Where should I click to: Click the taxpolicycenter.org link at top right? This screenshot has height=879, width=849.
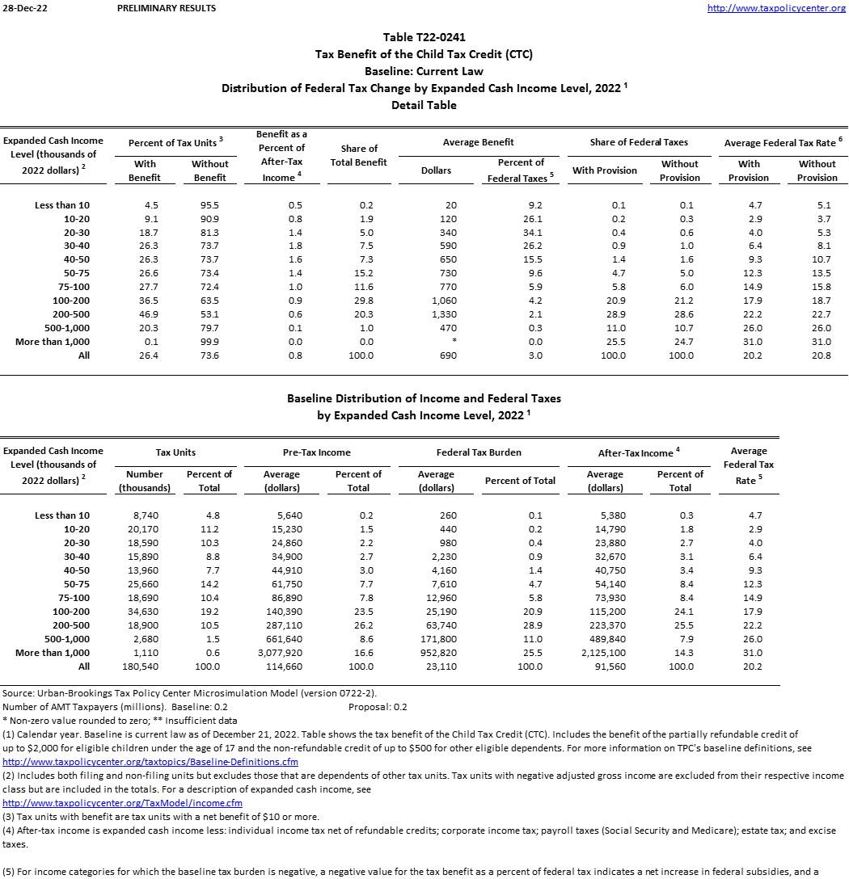(x=776, y=8)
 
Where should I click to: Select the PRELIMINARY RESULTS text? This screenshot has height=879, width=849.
(x=167, y=8)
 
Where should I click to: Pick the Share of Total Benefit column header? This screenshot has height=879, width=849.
(x=359, y=155)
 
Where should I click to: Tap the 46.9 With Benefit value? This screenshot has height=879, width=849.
(x=146, y=314)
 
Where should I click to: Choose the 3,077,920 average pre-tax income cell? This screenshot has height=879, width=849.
(x=281, y=653)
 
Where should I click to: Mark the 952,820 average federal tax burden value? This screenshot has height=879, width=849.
(x=436, y=653)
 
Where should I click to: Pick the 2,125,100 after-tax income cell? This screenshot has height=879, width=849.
(x=604, y=653)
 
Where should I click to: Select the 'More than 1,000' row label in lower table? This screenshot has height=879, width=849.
(x=53, y=653)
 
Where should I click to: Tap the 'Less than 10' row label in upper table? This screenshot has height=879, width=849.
(x=62, y=205)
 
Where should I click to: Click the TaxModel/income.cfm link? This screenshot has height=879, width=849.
(x=123, y=803)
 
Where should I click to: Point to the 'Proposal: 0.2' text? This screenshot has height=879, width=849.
(x=378, y=707)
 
